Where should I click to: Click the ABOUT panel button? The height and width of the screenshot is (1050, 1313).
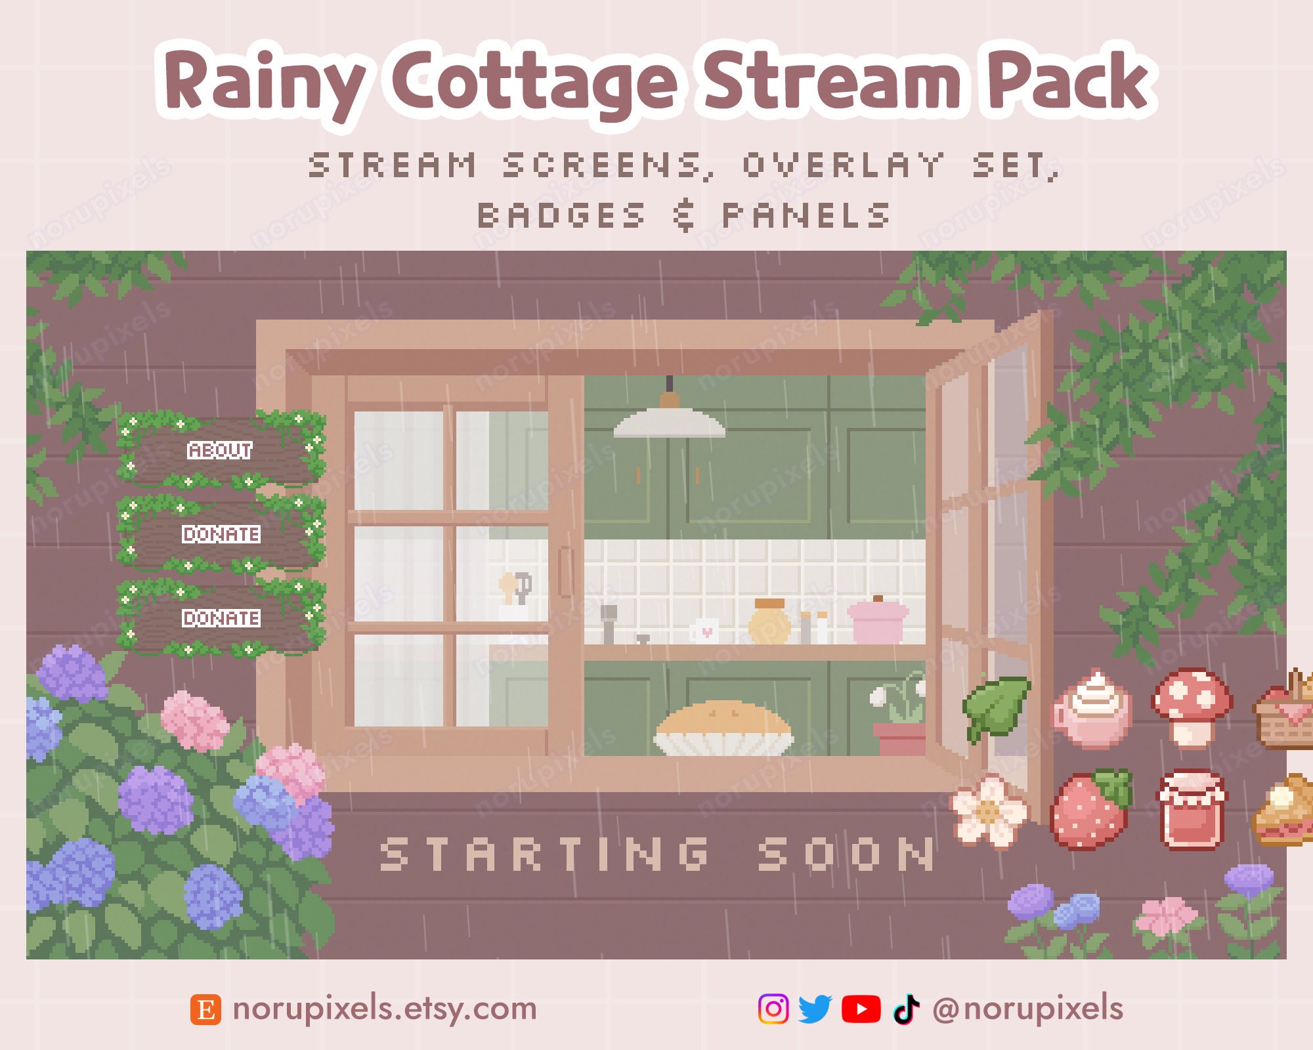(x=220, y=450)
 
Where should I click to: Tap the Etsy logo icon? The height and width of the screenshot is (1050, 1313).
(x=205, y=1009)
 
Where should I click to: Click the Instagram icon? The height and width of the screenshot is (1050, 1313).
(x=773, y=1009)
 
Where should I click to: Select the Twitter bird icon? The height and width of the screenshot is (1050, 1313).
(x=815, y=1009)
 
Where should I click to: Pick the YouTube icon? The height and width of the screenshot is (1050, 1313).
(x=861, y=1009)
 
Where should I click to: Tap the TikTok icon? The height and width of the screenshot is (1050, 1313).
(x=906, y=1009)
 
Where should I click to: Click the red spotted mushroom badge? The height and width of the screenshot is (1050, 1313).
(x=1192, y=707)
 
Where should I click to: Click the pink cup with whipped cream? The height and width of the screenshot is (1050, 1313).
(x=1092, y=710)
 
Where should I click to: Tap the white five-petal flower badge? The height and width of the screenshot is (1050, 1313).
(x=989, y=811)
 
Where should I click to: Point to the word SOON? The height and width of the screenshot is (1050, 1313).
(x=846, y=854)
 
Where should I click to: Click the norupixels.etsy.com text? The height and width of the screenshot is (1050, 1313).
(x=385, y=1009)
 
